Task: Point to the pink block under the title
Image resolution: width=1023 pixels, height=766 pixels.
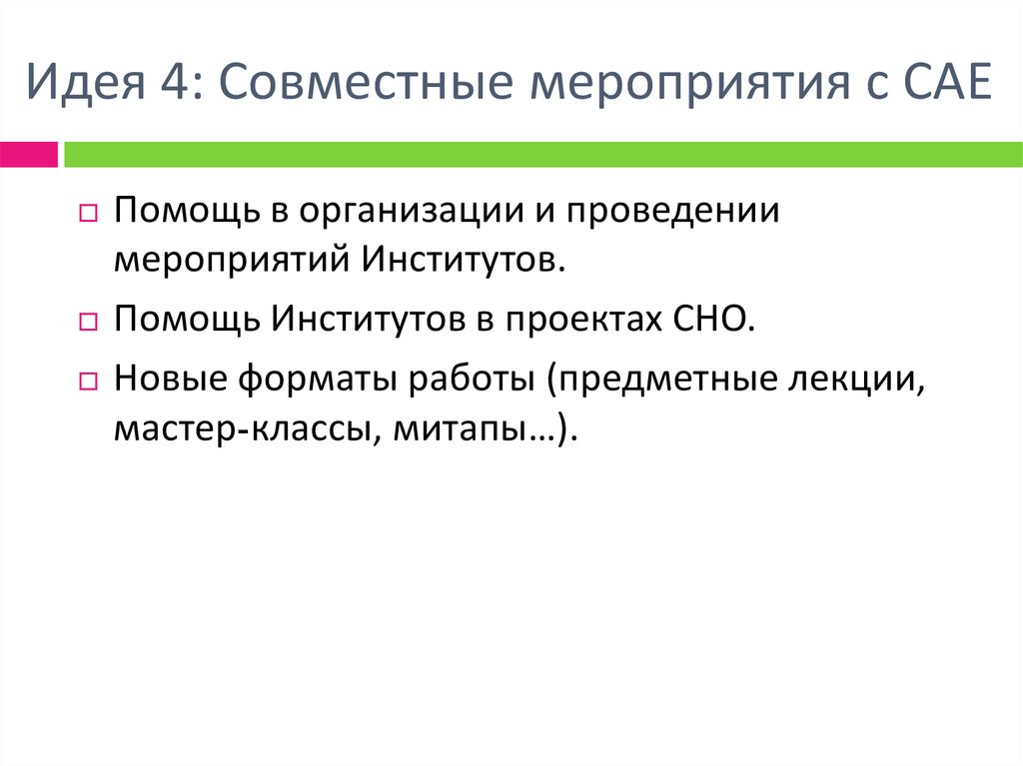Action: pos(28,154)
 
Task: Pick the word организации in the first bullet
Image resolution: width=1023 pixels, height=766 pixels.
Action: pos(399,212)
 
